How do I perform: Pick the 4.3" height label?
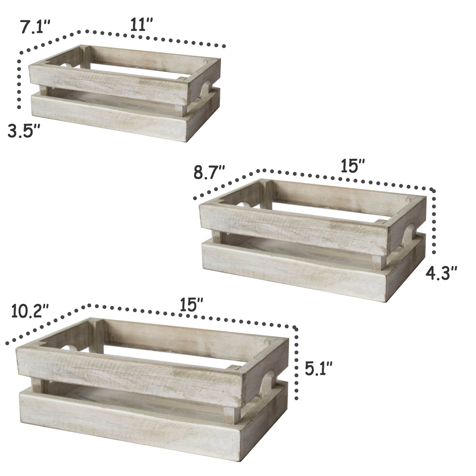441,273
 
